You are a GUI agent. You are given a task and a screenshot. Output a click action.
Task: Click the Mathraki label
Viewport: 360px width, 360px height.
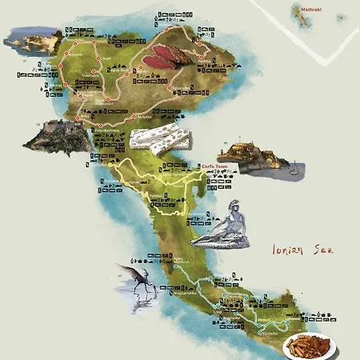tap(310, 9)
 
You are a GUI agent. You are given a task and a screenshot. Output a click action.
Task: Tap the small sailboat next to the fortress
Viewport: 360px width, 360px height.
tap(294, 168)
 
